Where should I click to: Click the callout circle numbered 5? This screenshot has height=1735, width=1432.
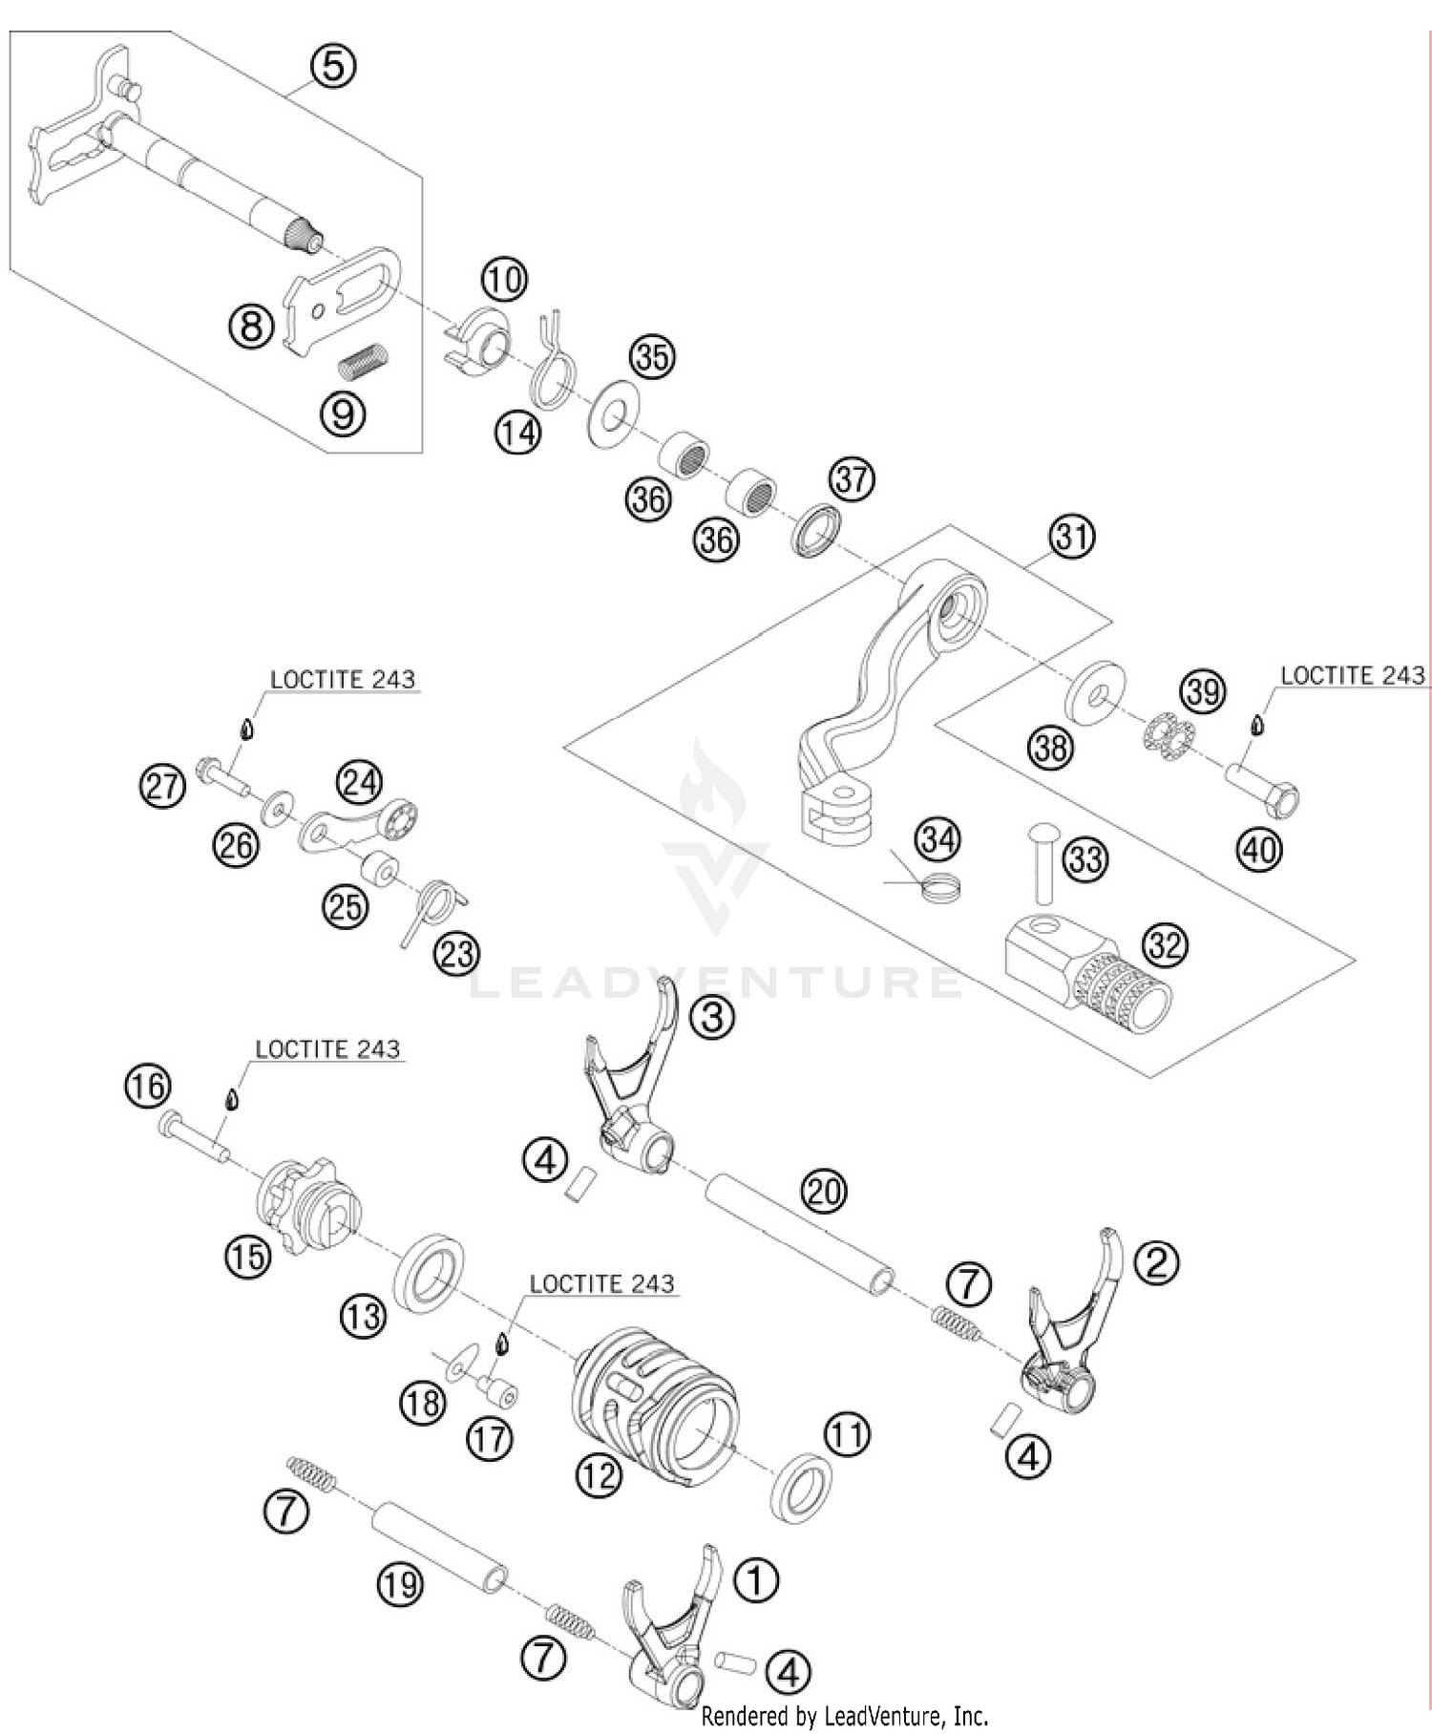pos(333,66)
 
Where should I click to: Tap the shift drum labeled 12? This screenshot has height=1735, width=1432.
pos(657,1402)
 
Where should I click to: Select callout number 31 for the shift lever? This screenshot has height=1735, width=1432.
pos(1072,536)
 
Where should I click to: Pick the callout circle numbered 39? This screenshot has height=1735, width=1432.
pos(1203,690)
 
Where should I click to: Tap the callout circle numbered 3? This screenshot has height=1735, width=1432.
pos(712,1017)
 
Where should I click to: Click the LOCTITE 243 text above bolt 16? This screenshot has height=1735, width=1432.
pos(327,1049)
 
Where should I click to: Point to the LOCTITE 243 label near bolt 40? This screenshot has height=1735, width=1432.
pos(1353,675)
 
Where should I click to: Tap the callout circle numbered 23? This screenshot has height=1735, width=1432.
pos(456,952)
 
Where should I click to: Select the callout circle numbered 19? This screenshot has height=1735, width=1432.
pos(399,1584)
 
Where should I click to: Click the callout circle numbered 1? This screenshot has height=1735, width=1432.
pos(756,1580)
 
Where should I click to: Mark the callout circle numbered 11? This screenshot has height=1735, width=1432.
pos(847,1434)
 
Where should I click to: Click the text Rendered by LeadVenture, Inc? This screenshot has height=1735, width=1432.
pos(844,1717)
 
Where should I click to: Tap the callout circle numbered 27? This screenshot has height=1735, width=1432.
pos(162,787)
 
